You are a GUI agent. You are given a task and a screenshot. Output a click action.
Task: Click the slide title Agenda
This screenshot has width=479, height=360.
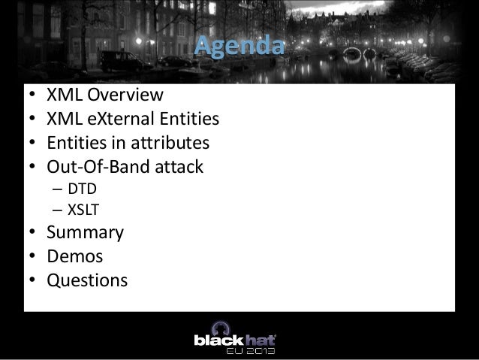pos(240,49)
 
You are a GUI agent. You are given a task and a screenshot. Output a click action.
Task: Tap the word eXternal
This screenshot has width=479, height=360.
pos(124,119)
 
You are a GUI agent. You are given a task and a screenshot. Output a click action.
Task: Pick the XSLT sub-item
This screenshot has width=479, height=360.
pos(84,210)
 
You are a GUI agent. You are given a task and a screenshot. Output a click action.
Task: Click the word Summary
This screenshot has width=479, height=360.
pos(86,233)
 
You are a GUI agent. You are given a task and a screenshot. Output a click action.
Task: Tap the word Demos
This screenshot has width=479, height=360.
pos(75,256)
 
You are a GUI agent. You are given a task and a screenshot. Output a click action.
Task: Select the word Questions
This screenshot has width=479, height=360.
pos(86,280)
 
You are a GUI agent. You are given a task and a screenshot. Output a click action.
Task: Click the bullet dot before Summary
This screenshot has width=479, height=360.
pos(32,233)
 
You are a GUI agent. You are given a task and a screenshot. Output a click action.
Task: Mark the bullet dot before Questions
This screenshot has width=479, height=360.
pos(32,280)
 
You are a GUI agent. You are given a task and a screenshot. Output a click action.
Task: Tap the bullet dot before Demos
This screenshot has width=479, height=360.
pos(32,256)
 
